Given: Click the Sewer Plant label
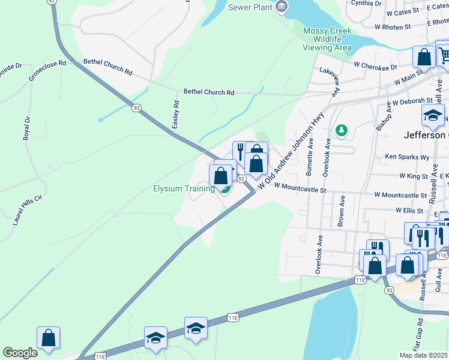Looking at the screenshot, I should click(250, 7).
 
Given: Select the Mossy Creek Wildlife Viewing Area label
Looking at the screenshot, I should click(327, 39).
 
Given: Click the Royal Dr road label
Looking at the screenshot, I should click(26, 128).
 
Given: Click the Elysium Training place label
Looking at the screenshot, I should click(183, 189).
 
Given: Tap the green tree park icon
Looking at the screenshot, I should click(342, 130).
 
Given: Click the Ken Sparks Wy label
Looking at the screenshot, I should click(408, 157).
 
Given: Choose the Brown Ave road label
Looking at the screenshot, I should click(341, 210).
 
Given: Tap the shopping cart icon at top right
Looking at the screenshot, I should click(444, 56).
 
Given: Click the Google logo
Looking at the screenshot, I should click(20, 353).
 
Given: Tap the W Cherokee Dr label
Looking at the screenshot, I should click(376, 65).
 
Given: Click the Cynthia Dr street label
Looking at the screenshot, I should click(366, 3).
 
